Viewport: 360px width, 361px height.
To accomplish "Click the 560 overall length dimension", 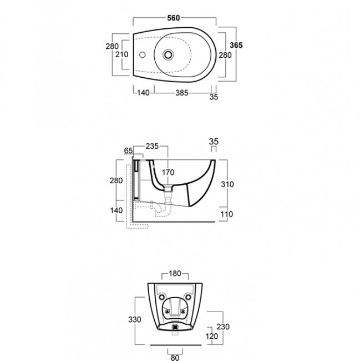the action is point(174,18).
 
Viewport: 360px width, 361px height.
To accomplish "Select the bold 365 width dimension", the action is point(236,45).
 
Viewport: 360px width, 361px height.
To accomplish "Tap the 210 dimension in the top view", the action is point(122,54).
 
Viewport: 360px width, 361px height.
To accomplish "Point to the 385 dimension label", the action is point(182,93).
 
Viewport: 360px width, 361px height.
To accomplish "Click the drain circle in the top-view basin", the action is point(168,55).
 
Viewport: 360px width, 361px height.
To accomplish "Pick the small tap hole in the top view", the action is point(143,55).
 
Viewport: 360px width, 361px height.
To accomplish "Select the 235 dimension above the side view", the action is point(152,146).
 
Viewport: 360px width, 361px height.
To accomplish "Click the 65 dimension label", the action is point(128,151).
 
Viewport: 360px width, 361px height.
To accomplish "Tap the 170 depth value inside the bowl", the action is point(168,172).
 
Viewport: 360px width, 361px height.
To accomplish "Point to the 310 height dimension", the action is point(227,184).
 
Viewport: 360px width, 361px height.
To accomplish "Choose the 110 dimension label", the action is point(227,214).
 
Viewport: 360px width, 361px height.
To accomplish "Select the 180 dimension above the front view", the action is point(175,273).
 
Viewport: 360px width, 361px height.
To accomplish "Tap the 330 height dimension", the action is point(135,319).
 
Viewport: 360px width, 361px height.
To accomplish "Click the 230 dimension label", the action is point(223,327).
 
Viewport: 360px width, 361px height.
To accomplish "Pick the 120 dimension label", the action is point(212,337).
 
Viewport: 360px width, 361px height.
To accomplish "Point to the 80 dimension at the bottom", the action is point(175,358).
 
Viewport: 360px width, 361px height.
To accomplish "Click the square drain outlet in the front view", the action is point(175,327).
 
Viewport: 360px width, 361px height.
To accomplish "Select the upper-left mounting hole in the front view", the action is point(162,297).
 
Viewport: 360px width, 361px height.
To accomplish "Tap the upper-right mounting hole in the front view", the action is point(188,297).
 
